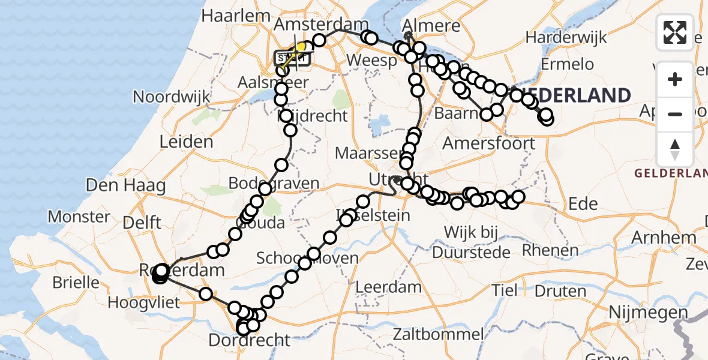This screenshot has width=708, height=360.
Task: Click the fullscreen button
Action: pos(675,32)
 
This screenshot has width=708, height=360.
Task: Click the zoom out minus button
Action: pos(675,114)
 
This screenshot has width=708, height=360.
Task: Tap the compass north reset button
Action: pos(675,149)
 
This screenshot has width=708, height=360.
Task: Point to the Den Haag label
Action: pos(125,185)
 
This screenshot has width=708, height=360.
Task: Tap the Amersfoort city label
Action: pos(488,143)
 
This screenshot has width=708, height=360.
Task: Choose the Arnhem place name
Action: pos(664,238)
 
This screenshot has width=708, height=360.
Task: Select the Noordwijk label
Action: pos(172,97)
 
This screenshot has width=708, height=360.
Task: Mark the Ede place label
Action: pos(583,204)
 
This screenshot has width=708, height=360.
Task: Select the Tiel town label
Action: pos(505,291)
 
